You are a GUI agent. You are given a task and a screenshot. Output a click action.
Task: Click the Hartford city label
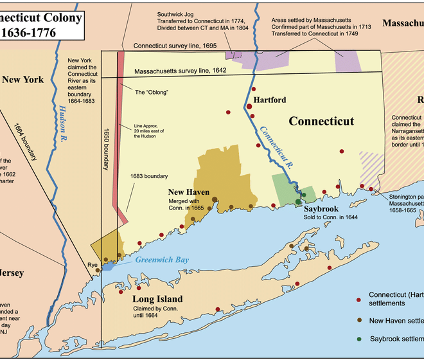click(x=269, y=100)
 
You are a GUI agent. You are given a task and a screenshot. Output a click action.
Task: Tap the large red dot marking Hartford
click(x=249, y=106)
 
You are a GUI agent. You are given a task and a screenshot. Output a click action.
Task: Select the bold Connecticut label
click(x=321, y=121)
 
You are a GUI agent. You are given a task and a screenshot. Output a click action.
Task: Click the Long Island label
click(x=157, y=299)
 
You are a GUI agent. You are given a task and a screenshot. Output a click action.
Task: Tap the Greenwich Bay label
click(x=162, y=260)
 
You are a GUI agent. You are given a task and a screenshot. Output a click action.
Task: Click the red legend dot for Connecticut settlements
click(x=358, y=300)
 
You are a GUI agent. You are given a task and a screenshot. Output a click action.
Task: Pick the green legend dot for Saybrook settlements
click(x=358, y=338)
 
